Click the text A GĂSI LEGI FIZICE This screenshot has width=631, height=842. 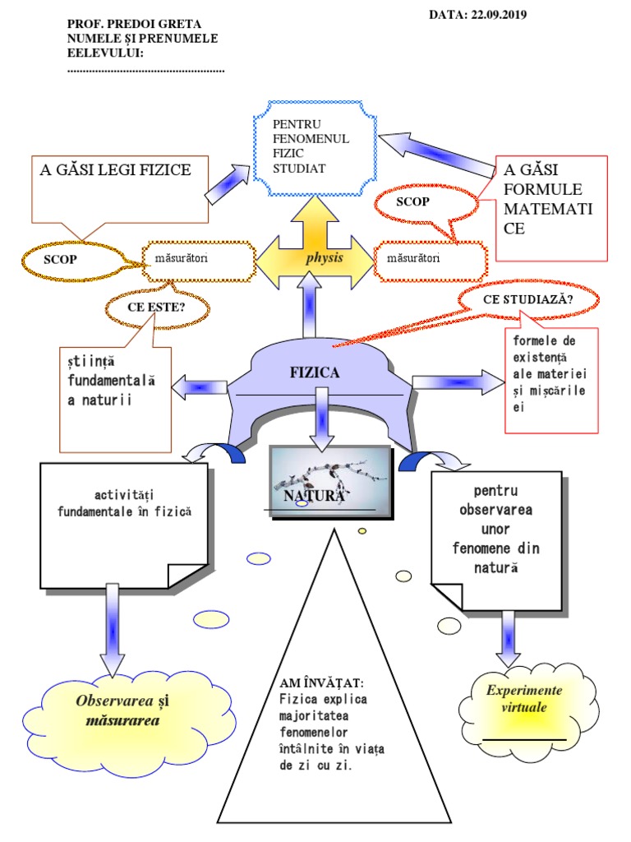(115, 170)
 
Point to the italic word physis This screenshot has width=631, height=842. (324, 258)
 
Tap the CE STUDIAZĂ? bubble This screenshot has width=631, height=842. (528, 300)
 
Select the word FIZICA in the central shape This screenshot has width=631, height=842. (314, 372)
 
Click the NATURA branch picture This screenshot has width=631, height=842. (329, 481)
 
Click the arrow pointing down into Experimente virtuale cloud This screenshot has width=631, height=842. (509, 638)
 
